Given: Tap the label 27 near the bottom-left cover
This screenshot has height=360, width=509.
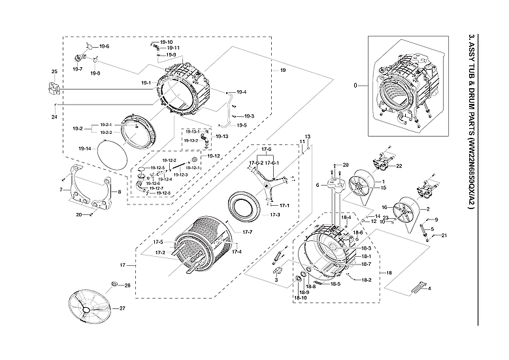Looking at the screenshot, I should click(122, 308).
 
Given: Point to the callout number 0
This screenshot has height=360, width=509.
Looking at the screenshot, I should click(355, 86).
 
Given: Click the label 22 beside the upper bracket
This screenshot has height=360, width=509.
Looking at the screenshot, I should click(399, 166).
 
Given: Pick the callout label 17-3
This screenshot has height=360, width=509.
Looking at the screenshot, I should click(275, 215).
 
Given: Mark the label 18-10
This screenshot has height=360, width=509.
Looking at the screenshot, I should click(301, 298).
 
